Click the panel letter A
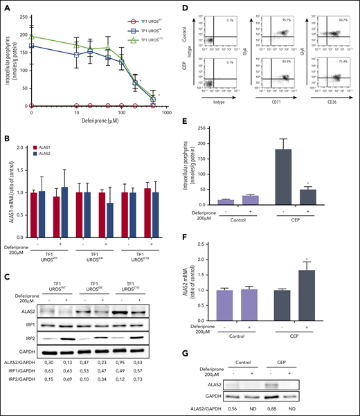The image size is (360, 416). click(6, 8)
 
